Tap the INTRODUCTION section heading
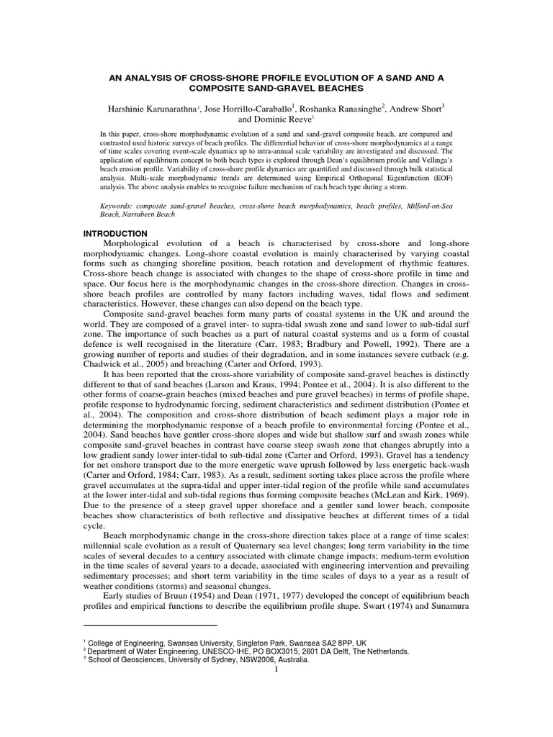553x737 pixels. point(115,234)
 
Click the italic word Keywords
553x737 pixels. point(117,206)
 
